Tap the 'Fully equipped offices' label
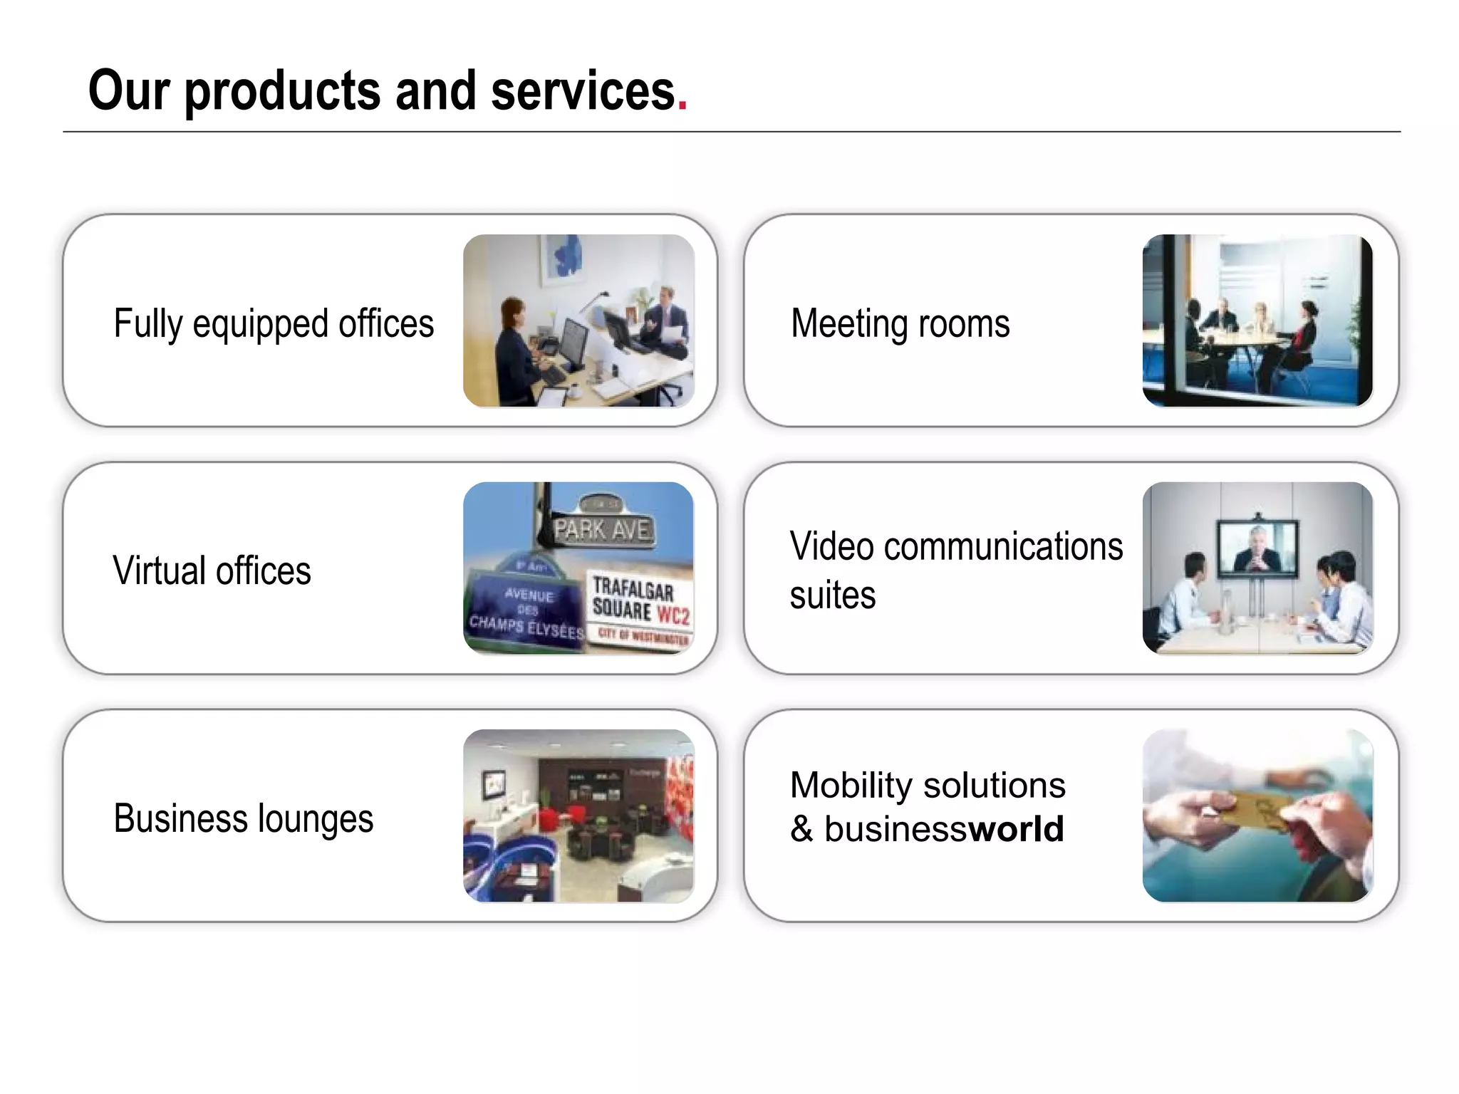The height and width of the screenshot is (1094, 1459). click(x=274, y=324)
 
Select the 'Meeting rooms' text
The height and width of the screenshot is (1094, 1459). click(x=900, y=324)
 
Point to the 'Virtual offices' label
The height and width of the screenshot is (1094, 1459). click(x=212, y=571)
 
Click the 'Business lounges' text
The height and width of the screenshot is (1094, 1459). click(x=243, y=818)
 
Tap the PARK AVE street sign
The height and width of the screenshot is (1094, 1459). click(x=602, y=529)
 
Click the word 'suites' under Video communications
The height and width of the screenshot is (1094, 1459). click(x=832, y=596)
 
